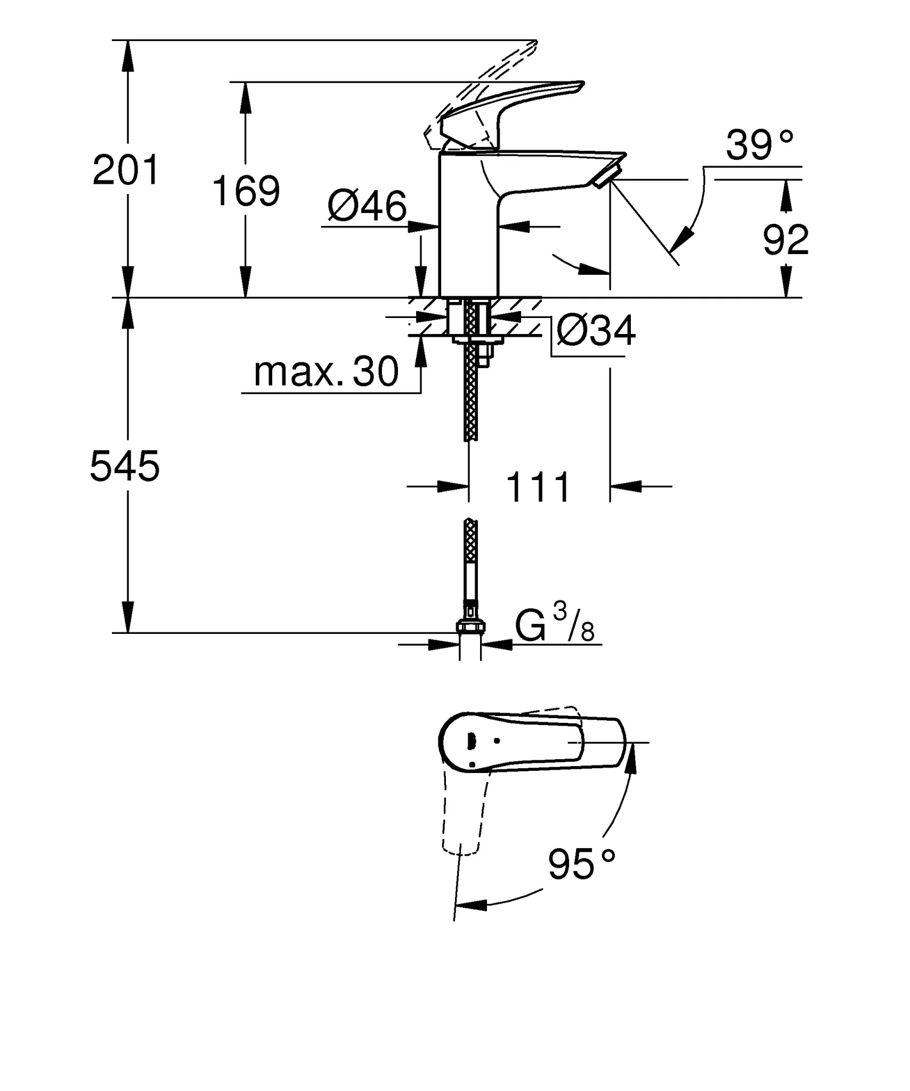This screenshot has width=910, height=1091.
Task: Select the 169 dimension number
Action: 246,191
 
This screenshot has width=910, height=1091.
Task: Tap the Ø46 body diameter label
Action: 367,207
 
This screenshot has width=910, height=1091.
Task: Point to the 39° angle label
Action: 759,145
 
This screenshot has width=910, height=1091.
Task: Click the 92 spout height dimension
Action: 785,240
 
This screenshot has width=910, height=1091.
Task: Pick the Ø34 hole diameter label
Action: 596,331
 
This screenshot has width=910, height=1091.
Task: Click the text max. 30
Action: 326,372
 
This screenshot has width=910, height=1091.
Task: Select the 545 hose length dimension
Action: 125,466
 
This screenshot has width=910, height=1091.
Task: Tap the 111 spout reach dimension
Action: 538,487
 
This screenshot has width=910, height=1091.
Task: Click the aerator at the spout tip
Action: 607,176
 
